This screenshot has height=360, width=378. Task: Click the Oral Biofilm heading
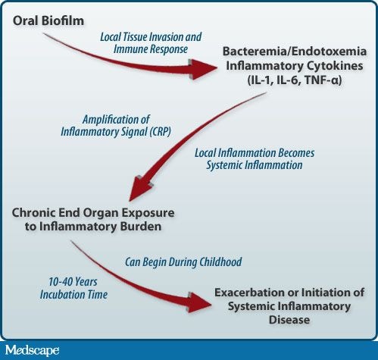48,20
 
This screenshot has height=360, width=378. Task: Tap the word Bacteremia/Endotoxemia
295,52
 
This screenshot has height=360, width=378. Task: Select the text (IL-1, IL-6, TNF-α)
295,80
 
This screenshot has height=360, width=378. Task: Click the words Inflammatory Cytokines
295,66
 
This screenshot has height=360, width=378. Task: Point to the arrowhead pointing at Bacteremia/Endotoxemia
202,69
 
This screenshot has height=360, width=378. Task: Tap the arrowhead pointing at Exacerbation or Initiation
199,302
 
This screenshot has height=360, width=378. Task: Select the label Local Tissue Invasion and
151,37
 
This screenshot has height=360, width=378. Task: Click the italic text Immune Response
151,49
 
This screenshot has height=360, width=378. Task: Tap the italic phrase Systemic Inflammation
255,165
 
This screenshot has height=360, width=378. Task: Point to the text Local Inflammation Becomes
255,153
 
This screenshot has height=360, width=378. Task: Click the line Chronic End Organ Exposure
93,212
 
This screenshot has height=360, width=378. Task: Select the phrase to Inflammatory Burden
93,227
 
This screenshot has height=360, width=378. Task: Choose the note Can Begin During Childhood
183,261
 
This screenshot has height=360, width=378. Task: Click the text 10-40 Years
73,282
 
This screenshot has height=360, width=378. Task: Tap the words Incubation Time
73,295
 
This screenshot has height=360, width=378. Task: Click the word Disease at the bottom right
289,320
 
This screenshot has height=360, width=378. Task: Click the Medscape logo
33,350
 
